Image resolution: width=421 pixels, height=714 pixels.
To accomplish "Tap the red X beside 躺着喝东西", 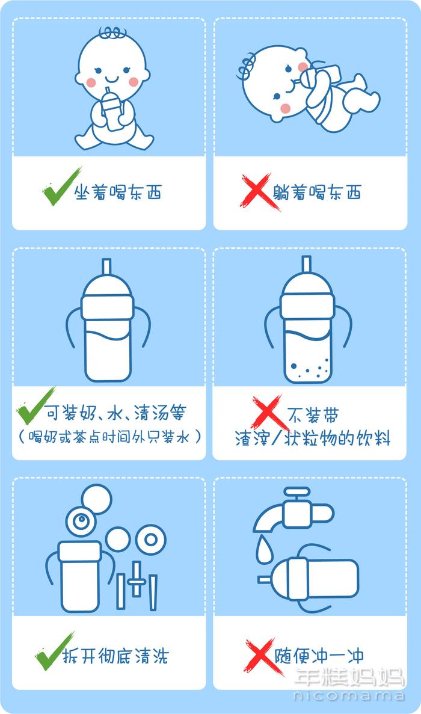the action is click(x=259, y=192).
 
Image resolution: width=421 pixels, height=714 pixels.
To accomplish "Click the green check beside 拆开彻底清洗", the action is click(x=53, y=653).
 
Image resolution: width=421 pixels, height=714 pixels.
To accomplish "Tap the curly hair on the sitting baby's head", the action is click(x=112, y=32).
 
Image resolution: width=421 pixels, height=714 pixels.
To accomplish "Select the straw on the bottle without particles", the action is click(x=106, y=267).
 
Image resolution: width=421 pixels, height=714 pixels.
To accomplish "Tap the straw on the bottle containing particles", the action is click(x=307, y=265).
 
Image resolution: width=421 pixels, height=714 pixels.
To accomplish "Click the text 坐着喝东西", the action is click(x=118, y=192).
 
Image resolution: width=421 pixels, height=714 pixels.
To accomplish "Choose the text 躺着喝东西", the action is click(x=317, y=192).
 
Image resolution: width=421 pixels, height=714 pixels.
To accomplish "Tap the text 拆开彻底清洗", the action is click(x=115, y=656).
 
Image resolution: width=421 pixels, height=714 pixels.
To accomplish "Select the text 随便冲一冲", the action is click(x=319, y=656).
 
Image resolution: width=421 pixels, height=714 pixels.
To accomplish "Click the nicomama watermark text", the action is click(x=349, y=695).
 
